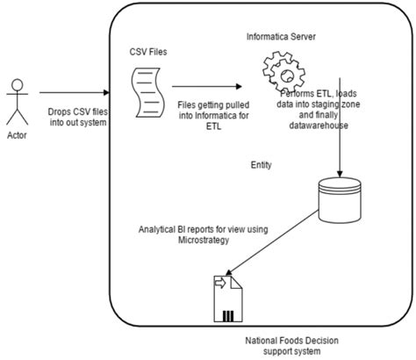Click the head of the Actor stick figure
[x=18, y=85]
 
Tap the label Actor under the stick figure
[x=17, y=135]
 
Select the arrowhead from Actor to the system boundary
[x=106, y=92]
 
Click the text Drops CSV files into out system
[x=78, y=117]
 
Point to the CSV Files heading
[x=148, y=52]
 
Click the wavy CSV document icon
[x=147, y=92]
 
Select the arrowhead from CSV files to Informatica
[x=239, y=86]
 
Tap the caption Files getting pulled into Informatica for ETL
[x=214, y=115]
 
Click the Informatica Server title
[x=281, y=37]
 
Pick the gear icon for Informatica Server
[x=283, y=72]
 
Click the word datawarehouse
[x=319, y=126]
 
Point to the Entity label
[x=262, y=165]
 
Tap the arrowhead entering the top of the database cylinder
[x=340, y=174]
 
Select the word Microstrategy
[x=204, y=241]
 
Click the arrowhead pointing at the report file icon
[x=228, y=272]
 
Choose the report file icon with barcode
[x=228, y=299]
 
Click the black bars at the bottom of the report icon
[x=228, y=316]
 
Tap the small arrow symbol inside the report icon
[x=220, y=283]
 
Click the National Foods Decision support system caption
[x=291, y=346]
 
